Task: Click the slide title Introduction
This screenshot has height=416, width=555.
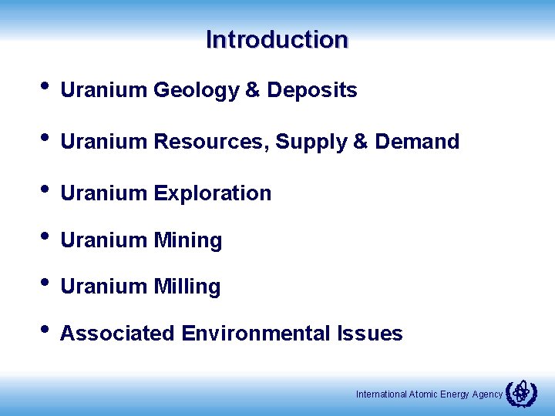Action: (277, 39)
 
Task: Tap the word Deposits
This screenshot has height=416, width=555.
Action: (311, 91)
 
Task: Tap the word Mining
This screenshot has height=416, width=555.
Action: (187, 241)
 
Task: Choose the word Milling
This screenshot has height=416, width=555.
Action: (187, 287)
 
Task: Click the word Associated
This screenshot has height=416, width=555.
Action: (118, 334)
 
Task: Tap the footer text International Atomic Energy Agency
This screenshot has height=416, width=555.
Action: (429, 394)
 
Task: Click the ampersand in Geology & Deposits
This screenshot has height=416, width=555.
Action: (253, 91)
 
